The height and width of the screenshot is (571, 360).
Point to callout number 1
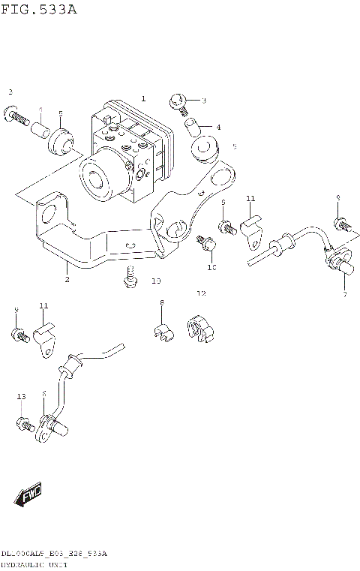click(143, 98)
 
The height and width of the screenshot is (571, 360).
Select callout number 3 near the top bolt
click(202, 101)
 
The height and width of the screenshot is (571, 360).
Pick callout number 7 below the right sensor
click(344, 294)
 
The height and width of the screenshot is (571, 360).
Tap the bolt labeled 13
click(24, 425)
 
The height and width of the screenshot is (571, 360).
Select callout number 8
click(160, 302)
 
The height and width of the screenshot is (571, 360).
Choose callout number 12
click(200, 293)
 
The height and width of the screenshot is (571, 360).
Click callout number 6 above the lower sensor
click(44, 394)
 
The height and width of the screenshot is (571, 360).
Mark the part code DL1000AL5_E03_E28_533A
click(54, 554)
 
